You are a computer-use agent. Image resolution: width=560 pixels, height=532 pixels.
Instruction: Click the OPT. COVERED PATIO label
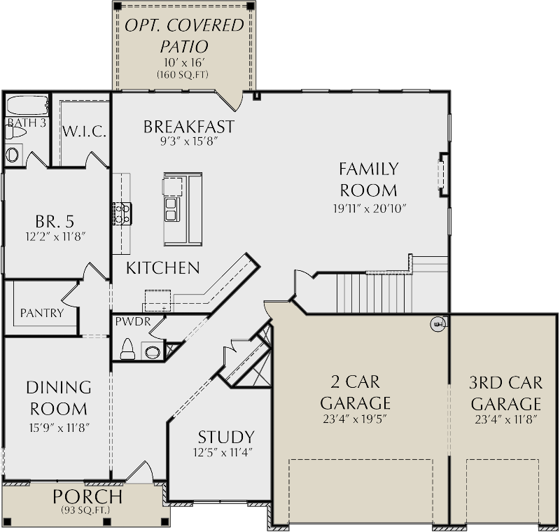[184, 36]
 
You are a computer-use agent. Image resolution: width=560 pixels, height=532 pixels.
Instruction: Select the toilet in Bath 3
[13, 154]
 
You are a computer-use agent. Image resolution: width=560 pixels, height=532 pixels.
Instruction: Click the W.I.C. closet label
[83, 131]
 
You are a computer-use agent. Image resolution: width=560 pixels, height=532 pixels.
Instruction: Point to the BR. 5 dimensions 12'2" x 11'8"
[55, 237]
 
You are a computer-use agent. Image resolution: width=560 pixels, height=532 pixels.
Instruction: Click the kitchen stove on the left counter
[122, 213]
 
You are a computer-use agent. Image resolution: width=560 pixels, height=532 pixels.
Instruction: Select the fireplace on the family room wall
[442, 172]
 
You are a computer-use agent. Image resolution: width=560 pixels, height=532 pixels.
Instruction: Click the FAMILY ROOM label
[368, 179]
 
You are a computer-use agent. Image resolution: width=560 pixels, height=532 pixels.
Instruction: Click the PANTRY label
[41, 313]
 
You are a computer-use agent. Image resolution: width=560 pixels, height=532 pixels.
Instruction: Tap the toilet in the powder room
[127, 348]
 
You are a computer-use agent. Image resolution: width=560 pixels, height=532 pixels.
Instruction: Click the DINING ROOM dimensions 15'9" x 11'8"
[58, 427]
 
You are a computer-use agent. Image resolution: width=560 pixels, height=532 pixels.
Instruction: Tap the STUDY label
[225, 437]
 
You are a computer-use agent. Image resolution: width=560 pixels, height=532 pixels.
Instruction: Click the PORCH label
[87, 497]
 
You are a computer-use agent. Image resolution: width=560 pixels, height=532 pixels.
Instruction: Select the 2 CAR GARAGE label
[355, 393]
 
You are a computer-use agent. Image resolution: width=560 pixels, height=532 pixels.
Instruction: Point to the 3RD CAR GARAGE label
[505, 393]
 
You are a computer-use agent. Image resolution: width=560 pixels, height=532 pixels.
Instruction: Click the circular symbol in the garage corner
[437, 323]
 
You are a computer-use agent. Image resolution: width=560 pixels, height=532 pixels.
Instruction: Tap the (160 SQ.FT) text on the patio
[184, 74]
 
